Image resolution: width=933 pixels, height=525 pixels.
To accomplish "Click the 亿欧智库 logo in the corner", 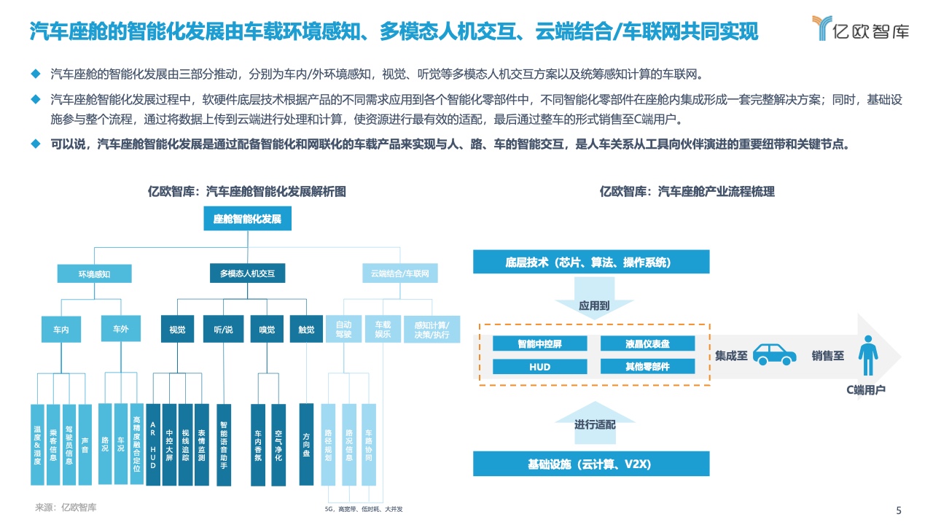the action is [861, 28].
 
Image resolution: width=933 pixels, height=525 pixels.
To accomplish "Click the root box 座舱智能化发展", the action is [247, 218].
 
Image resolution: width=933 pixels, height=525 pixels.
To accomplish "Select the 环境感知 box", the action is [95, 273].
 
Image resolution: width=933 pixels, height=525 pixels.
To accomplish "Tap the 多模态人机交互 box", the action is [247, 273].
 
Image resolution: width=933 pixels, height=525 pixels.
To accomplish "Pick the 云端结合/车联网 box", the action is [400, 273].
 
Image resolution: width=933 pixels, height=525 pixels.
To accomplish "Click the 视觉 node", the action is [177, 329].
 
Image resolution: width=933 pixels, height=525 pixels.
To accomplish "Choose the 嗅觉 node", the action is [267, 329].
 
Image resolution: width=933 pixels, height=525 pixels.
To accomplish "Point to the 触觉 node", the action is [307, 329].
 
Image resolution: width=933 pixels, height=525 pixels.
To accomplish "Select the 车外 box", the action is [121, 329].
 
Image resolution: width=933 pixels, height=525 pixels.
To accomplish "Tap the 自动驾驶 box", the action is [343, 329].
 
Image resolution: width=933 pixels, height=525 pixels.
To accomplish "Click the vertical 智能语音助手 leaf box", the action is [224, 445].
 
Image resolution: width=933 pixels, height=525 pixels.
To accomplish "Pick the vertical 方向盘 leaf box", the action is [306, 444].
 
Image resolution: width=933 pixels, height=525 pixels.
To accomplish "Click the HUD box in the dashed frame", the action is [540, 367].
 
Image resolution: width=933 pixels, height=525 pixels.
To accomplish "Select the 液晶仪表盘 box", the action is [648, 343].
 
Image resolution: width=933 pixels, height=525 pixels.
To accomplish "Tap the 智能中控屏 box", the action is [540, 343].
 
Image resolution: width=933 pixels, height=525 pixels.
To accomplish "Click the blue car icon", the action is [775, 354].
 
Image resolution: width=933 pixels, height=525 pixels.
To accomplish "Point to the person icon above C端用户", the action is [868, 355].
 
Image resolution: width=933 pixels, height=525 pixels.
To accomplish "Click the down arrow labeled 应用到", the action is [594, 298].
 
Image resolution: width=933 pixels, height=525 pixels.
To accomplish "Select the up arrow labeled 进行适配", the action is [595, 423].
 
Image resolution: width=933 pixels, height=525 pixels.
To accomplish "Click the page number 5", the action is [899, 510].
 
